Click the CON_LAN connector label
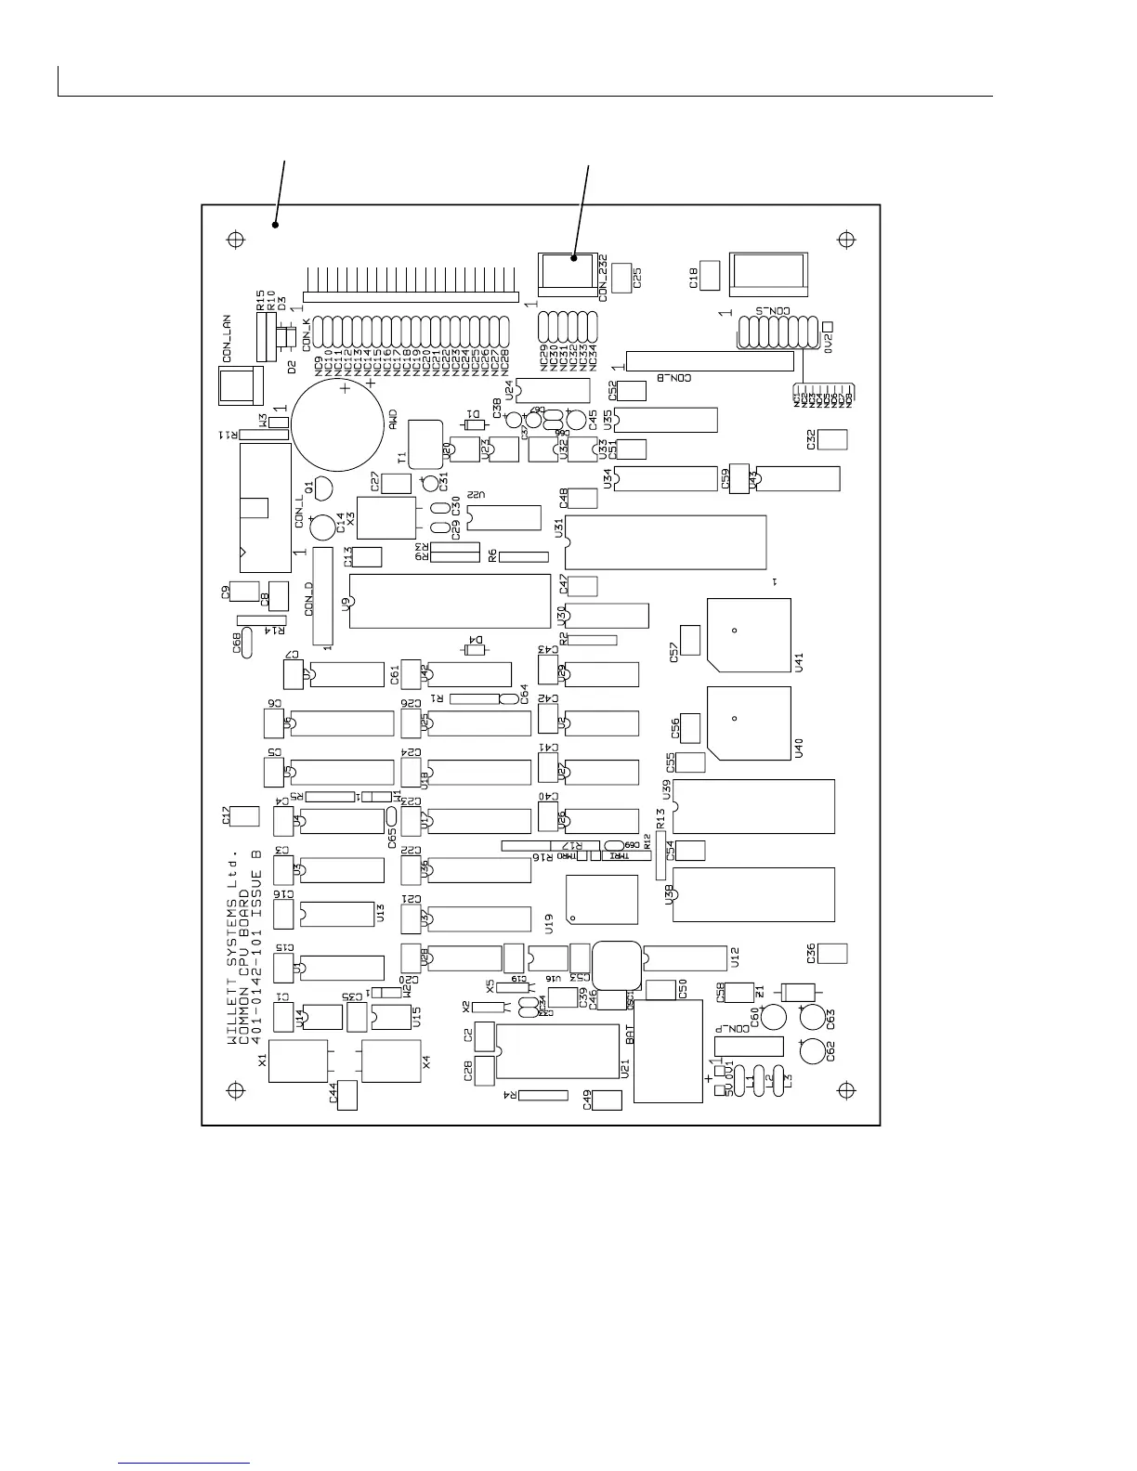tap(228, 339)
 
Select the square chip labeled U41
tap(749, 634)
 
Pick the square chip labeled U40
tap(749, 722)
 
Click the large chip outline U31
tap(666, 542)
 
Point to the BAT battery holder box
tap(668, 1051)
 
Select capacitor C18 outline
tap(710, 275)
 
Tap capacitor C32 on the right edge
tap(833, 439)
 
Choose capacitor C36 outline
tap(833, 954)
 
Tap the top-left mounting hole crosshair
tap(235, 240)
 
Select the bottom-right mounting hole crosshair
tap(846, 1089)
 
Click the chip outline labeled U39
tap(753, 807)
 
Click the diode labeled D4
tap(475, 649)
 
